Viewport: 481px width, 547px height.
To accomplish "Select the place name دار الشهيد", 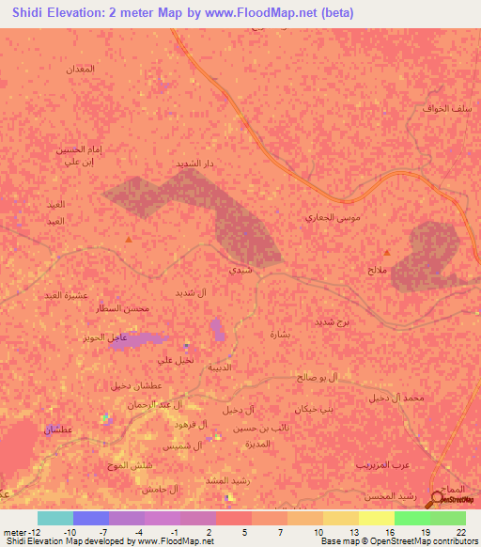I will pos(195,164).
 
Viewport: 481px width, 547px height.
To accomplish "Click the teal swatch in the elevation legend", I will pos(55,518).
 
